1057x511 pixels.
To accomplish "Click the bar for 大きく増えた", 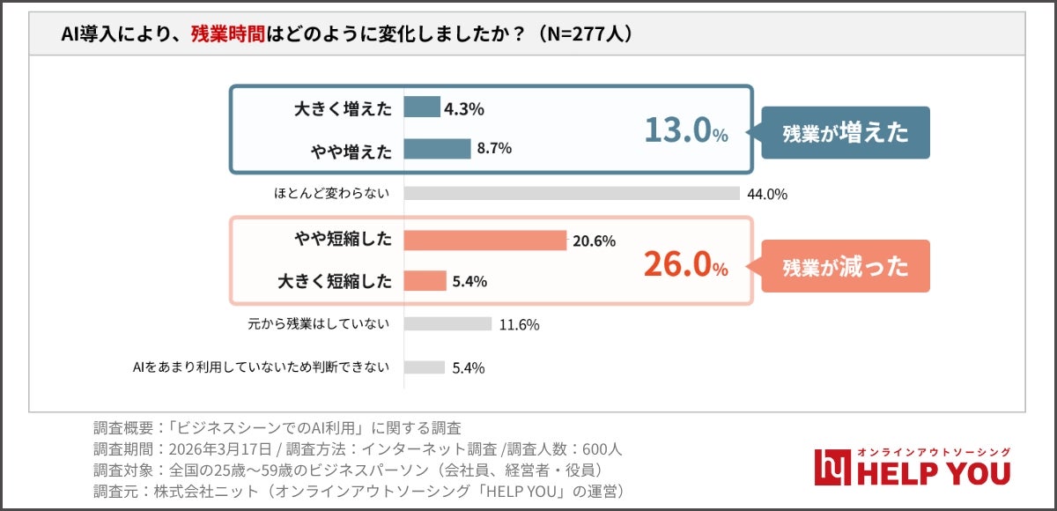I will pos(422,107).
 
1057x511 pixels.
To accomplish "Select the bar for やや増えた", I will pos(438,149).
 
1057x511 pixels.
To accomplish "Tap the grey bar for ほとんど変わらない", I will pos(572,194).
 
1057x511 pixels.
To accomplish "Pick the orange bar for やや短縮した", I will pos(484,241).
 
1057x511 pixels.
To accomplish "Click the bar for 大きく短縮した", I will pos(425,281).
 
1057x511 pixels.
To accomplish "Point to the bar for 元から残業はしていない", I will pos(447,323).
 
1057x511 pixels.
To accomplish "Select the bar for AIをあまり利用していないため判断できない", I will pos(425,367).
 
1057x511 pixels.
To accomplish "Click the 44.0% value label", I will pos(766,195).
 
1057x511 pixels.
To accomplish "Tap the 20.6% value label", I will pos(595,241).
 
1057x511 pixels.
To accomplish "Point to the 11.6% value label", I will pos(519,324).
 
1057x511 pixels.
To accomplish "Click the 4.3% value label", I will pos(464,109).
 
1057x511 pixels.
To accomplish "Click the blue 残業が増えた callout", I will pos(845,133).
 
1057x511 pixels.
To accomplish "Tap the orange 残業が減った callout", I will pos(845,266).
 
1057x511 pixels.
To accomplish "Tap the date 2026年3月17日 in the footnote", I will pos(221,449).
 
